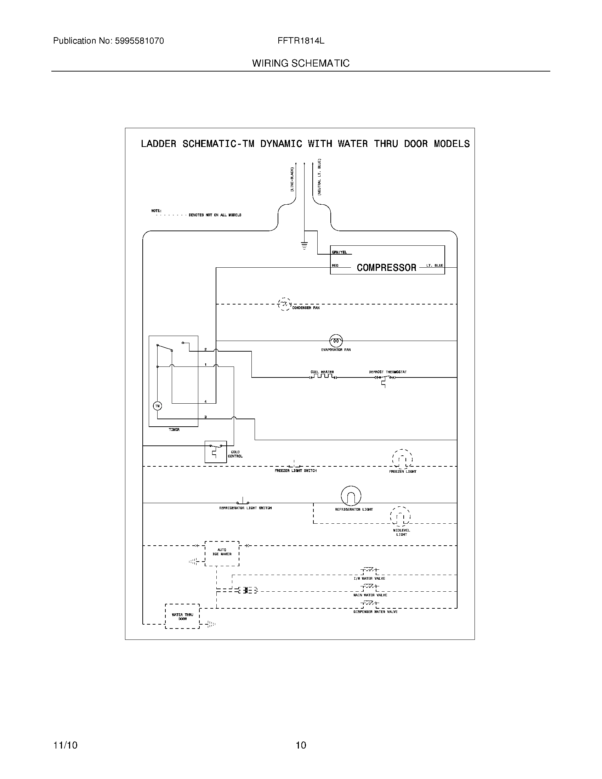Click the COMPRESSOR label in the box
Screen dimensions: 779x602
(386, 267)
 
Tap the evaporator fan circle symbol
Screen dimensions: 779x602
(336, 341)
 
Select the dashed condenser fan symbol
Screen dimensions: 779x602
(284, 304)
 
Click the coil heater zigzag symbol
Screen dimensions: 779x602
(322, 377)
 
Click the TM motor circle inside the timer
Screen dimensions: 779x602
(157, 406)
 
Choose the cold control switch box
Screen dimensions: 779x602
(215, 451)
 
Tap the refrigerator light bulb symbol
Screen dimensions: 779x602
(351, 496)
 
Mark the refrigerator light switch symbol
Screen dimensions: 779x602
(243, 501)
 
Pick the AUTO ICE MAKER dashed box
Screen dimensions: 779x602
(222, 553)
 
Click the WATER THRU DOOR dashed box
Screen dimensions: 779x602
(182, 616)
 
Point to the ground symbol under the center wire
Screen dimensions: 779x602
(304, 245)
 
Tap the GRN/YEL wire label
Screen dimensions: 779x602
(339, 252)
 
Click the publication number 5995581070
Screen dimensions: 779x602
(139, 41)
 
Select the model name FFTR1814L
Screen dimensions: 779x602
(301, 41)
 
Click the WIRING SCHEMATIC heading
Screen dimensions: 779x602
(301, 63)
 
